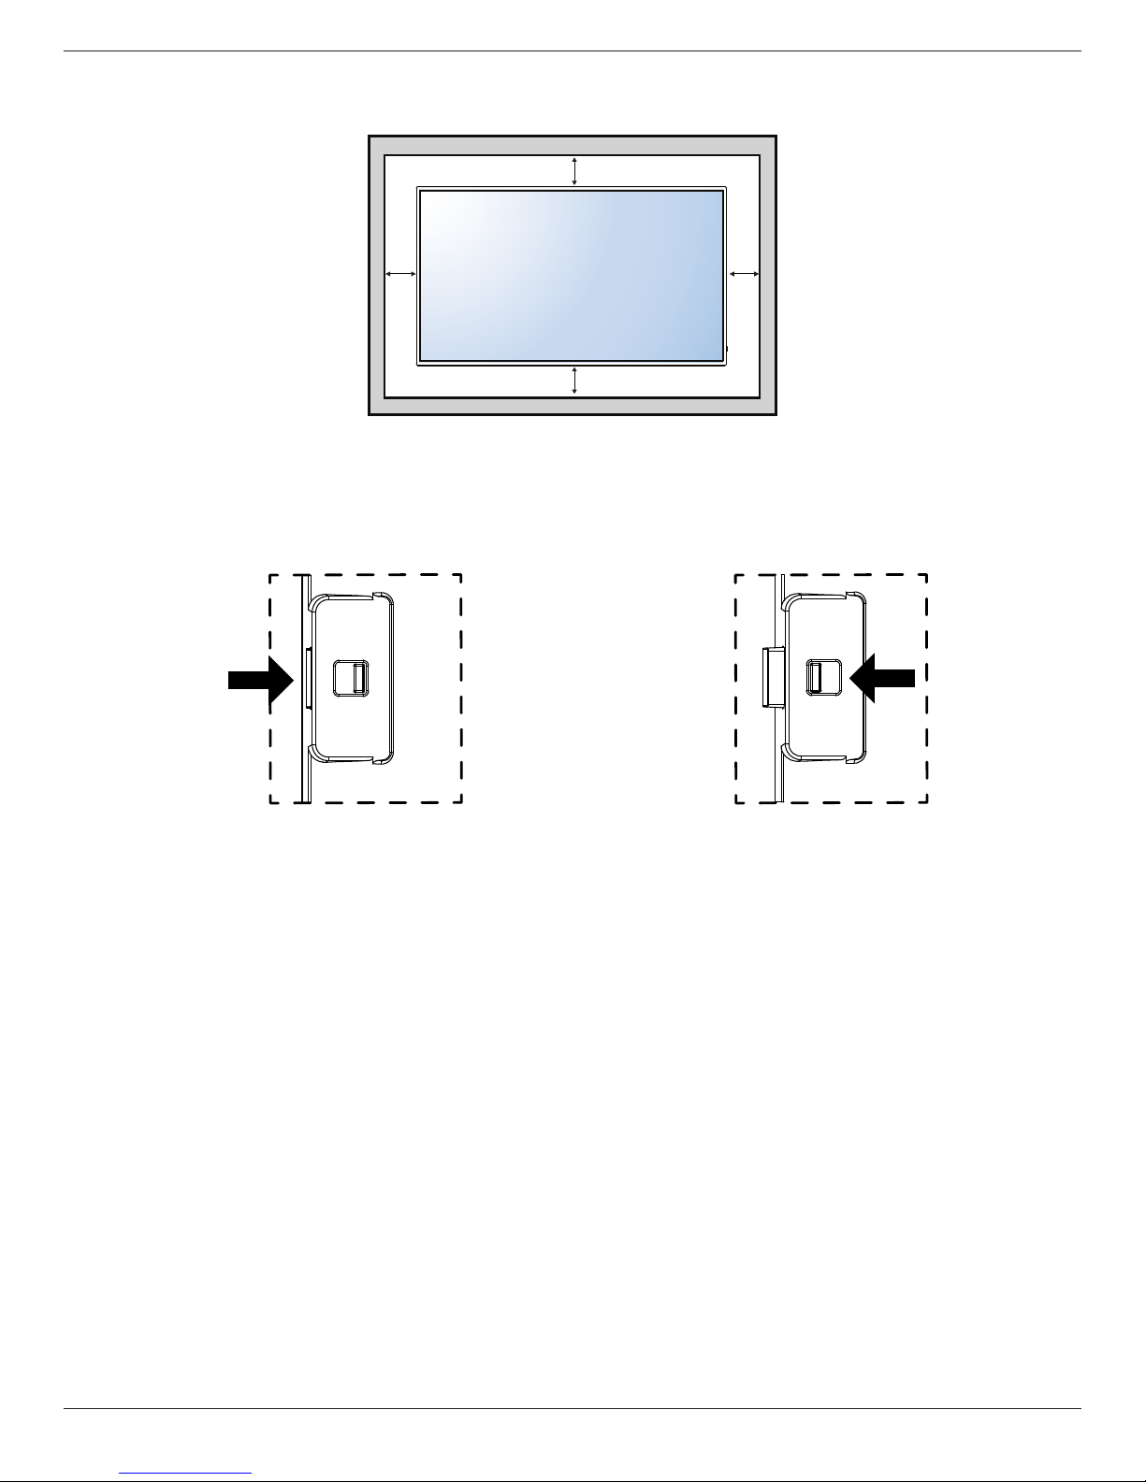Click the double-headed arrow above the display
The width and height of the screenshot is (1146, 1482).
point(574,171)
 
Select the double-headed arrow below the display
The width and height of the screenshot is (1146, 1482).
point(574,381)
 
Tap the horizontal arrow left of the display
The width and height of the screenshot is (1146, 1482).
point(400,274)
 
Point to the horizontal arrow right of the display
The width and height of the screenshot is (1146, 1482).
point(744,274)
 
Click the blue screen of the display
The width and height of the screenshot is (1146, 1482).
point(571,275)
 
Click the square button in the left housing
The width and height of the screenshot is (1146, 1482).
point(352,678)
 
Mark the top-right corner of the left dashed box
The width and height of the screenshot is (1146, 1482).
point(461,574)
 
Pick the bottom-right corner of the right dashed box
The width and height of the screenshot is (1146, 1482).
point(926,801)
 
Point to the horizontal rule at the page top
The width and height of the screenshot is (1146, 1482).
point(573,50)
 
